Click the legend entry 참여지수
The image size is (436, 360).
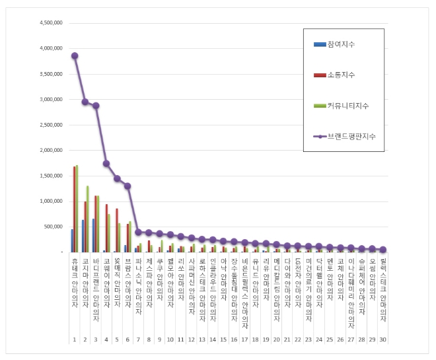340,44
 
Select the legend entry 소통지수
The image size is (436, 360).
340,75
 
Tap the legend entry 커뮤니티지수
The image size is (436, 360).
347,106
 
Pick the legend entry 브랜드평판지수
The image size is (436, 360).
351,136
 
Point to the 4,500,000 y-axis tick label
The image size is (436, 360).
51,22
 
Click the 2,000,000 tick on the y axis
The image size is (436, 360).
51,150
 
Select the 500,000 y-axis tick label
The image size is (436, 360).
54,227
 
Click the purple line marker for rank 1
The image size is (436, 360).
75,55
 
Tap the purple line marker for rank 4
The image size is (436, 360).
106,163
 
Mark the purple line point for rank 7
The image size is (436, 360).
138,232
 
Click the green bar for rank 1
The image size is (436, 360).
77,209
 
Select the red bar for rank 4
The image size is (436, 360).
106,228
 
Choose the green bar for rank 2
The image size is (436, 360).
88,219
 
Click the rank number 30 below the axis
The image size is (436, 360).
382,339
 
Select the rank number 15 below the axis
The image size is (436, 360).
223,339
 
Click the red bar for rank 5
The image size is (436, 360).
117,231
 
